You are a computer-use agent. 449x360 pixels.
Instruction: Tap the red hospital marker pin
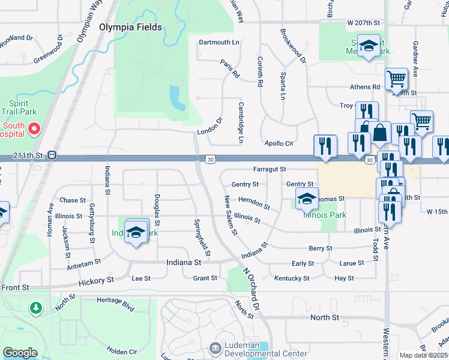click(x=34, y=128)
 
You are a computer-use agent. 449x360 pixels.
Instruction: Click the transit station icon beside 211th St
click(x=52, y=155)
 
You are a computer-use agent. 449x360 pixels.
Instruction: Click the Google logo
click(x=20, y=353)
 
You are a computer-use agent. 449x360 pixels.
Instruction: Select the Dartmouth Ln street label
click(x=218, y=43)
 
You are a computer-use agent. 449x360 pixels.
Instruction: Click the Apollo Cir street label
click(x=279, y=143)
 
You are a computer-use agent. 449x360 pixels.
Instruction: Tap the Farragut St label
click(x=269, y=170)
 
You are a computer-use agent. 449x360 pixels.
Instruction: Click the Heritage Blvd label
click(x=116, y=304)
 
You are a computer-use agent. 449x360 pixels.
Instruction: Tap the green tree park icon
click(x=37, y=308)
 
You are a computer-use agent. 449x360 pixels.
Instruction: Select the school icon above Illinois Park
click(x=306, y=197)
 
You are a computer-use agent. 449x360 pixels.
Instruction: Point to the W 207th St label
click(x=364, y=22)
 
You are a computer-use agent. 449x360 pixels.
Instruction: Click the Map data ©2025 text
click(x=424, y=355)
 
